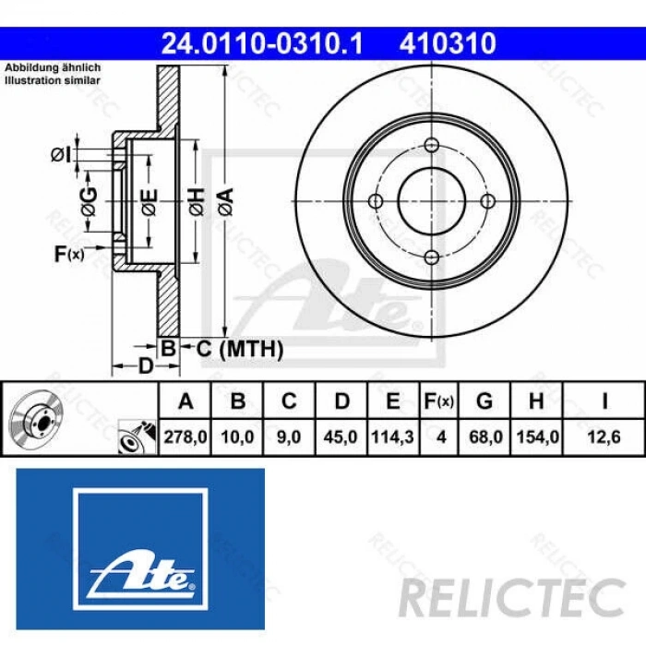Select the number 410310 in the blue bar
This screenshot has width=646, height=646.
[x=448, y=42]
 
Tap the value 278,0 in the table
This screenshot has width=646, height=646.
[x=186, y=437]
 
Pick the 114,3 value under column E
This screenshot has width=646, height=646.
[x=393, y=437]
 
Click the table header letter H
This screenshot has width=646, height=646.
[x=537, y=401]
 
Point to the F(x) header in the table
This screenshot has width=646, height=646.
[x=439, y=401]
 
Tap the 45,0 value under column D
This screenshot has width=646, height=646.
[x=341, y=437]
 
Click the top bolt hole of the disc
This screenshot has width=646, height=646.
[x=432, y=145]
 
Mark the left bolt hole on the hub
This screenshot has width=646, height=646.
[x=375, y=202]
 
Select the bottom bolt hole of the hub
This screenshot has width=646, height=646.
[x=432, y=259]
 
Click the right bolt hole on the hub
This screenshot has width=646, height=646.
[x=489, y=202]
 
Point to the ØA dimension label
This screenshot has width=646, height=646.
[x=225, y=199]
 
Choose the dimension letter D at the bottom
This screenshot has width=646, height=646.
[x=145, y=365]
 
